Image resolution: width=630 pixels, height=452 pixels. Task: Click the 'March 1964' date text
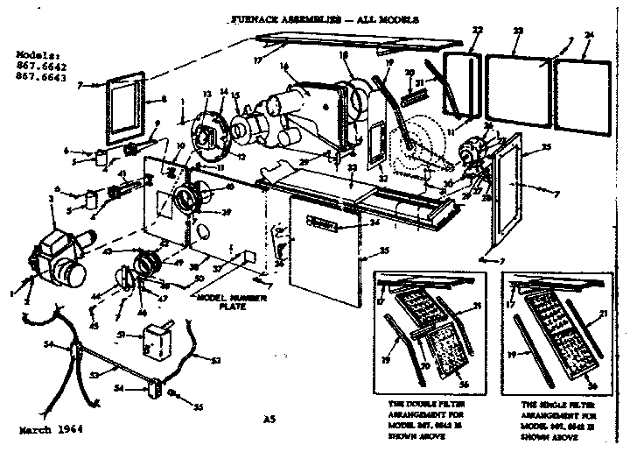coord(50,431)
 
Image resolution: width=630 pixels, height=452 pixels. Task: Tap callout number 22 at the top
coord(476,31)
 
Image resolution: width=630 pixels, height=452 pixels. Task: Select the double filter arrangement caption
coord(423,419)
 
